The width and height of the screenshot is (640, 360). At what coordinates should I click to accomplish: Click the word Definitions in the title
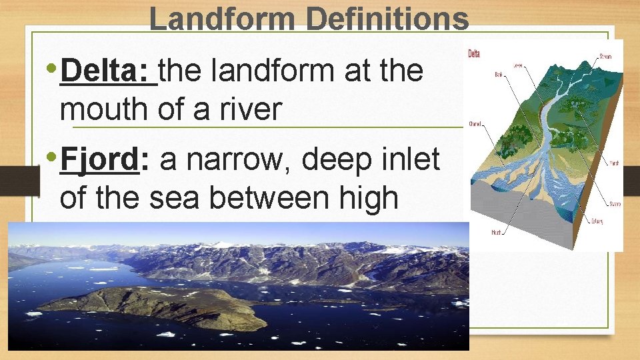(387, 19)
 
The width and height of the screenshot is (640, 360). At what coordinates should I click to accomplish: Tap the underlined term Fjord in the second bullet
(100, 160)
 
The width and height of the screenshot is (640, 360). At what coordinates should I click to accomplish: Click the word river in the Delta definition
(251, 109)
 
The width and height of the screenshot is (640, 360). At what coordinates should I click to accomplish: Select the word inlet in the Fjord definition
(408, 160)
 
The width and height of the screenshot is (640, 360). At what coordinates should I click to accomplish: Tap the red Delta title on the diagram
(474, 54)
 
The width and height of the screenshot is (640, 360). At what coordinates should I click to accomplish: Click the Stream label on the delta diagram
(605, 57)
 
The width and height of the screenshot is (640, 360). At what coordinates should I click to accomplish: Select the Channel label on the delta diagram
(475, 123)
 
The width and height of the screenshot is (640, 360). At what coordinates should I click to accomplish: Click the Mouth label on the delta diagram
(496, 232)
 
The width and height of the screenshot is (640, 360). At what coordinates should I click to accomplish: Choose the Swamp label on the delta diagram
(614, 203)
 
